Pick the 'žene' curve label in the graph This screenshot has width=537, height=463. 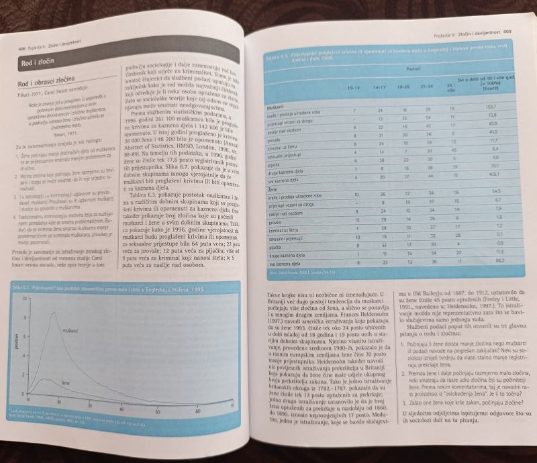[x=66, y=383]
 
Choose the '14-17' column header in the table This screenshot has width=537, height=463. [x=381, y=88]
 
